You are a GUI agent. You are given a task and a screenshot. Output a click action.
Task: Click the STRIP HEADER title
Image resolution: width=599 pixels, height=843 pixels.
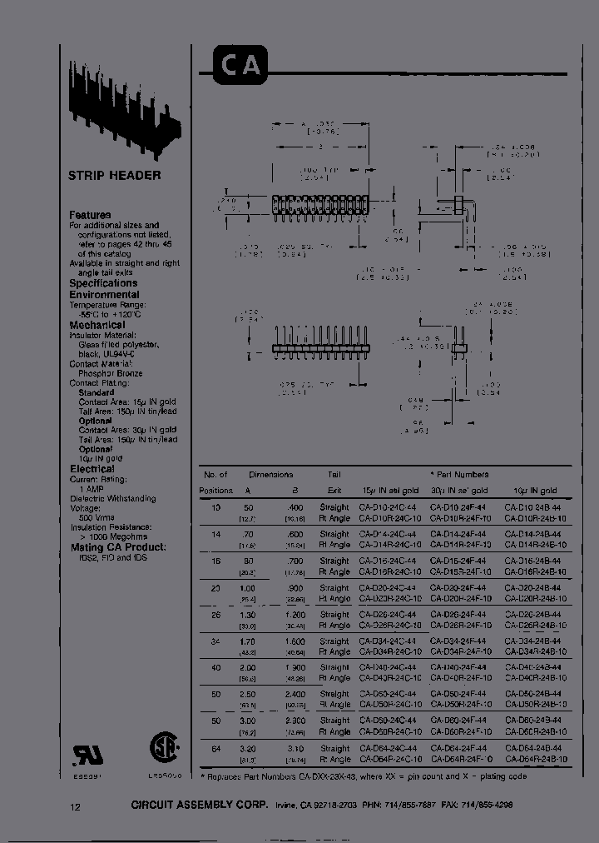tap(114, 176)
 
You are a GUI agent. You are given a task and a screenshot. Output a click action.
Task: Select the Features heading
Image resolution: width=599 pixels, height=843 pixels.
tap(90, 215)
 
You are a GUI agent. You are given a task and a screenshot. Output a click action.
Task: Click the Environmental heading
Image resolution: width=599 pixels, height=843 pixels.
tap(104, 295)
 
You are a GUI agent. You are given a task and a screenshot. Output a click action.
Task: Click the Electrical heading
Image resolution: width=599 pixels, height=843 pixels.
tap(92, 469)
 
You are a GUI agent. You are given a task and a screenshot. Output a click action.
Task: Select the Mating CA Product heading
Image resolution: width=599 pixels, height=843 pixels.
tap(117, 547)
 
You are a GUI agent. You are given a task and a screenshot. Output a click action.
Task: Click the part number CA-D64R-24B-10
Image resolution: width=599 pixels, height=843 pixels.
tap(536, 759)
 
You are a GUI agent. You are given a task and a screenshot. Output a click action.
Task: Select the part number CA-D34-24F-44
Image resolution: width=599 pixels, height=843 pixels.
tap(460, 641)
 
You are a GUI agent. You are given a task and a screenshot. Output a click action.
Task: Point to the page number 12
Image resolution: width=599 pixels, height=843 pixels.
tap(76, 806)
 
